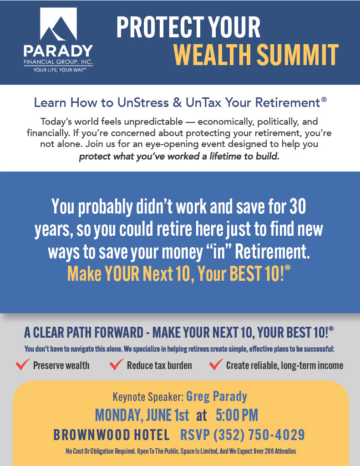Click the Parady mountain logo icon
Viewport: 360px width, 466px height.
point(59,24)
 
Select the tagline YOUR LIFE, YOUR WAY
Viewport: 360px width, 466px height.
point(59,70)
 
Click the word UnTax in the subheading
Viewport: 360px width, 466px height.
point(203,102)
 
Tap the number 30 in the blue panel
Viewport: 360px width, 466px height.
point(298,206)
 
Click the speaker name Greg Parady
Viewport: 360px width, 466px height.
point(217,397)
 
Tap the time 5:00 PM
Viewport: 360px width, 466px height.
point(237,415)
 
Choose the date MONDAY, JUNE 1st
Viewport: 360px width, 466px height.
point(142,415)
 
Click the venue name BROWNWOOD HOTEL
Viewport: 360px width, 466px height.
point(112,435)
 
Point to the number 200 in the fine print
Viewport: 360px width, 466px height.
point(269,451)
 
